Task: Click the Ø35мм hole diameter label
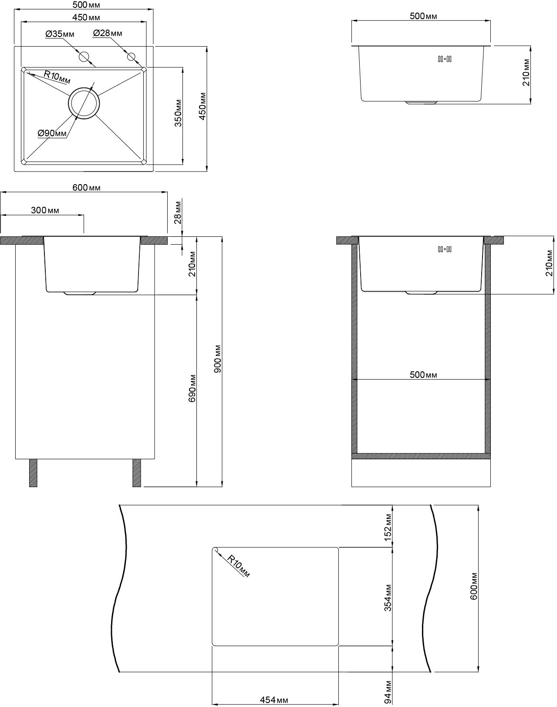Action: tap(60, 34)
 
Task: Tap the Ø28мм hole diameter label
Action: tap(108, 33)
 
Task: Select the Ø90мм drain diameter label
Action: tap(52, 133)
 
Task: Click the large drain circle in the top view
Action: tap(84, 103)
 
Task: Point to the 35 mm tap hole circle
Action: tap(84, 57)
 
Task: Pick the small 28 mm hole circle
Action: tap(132, 57)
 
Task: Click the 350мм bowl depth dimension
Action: tap(178, 113)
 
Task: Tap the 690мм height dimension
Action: tap(192, 388)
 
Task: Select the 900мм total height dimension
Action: tap(218, 359)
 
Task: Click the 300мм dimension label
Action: tap(45, 210)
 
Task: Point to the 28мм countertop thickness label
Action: tap(178, 212)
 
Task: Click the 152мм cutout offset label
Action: tap(388, 528)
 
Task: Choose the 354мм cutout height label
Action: tap(388, 598)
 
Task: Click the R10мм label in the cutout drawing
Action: tap(238, 566)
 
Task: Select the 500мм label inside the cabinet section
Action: tap(423, 375)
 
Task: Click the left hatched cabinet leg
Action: tap(33, 473)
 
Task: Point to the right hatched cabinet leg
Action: tap(137, 473)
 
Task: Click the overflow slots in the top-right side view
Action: tap(445, 59)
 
